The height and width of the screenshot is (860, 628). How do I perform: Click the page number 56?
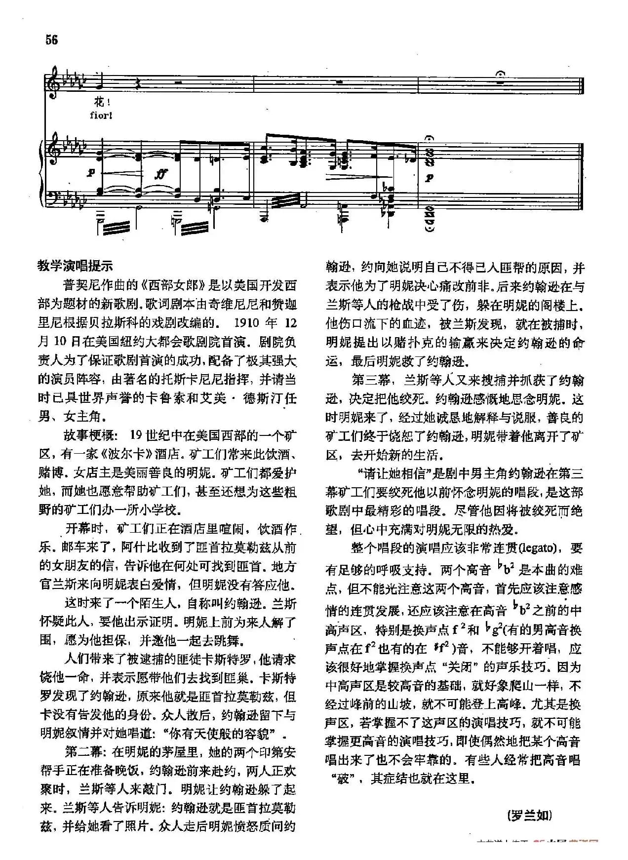tap(52, 40)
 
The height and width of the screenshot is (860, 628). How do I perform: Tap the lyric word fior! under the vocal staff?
tap(102, 116)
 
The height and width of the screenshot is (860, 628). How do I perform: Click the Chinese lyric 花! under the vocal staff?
tap(100, 103)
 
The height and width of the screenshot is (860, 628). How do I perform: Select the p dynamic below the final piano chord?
tap(429, 178)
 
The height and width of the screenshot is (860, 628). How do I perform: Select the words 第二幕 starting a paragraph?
tap(83, 752)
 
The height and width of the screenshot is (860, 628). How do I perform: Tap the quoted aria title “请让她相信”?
tap(392, 473)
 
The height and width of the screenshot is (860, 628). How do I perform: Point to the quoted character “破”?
tap(342, 779)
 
